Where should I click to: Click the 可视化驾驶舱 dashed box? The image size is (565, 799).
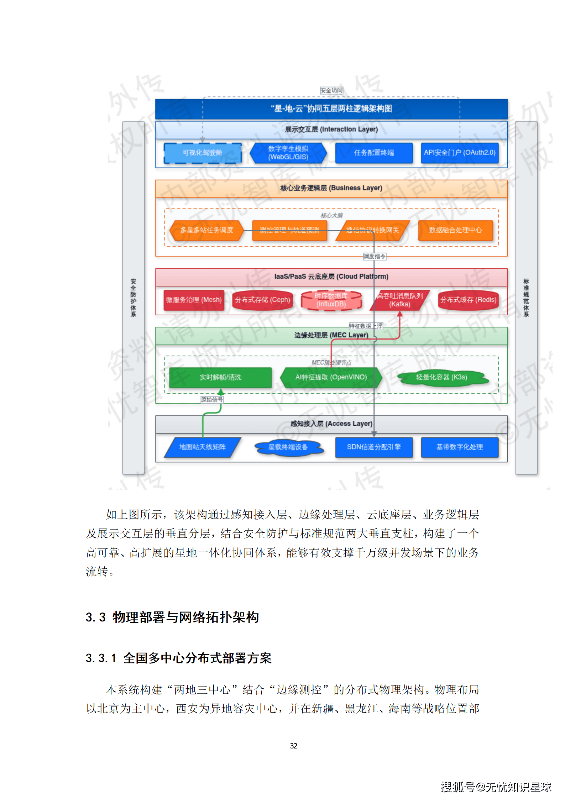[202, 153]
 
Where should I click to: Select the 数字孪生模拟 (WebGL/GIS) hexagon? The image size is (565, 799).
[288, 153]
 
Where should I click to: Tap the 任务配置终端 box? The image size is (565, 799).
[374, 153]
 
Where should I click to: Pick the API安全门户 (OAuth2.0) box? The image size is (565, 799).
[459, 153]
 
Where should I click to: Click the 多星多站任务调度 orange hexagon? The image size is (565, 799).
[206, 230]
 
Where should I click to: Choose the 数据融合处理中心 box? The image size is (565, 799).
[455, 230]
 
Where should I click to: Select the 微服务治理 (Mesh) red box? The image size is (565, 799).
[194, 300]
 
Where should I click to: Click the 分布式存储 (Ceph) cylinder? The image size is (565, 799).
[262, 300]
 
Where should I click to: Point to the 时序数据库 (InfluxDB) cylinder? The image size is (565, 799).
[331, 300]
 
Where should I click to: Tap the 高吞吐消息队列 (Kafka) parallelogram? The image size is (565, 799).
[400, 300]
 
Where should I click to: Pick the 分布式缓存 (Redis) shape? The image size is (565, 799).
[468, 300]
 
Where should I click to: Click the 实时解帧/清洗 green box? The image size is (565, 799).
[220, 377]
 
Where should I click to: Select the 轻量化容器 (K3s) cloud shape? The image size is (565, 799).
[441, 377]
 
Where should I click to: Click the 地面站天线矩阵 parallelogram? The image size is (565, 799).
[202, 447]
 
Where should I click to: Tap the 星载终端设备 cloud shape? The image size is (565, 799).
[288, 447]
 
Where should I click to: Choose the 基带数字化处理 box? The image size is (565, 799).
[459, 447]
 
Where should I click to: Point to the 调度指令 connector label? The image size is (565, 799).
[374, 257]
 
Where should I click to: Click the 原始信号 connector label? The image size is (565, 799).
[212, 400]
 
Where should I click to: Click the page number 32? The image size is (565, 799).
[293, 746]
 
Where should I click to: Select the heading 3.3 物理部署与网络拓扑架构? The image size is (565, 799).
[172, 617]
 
